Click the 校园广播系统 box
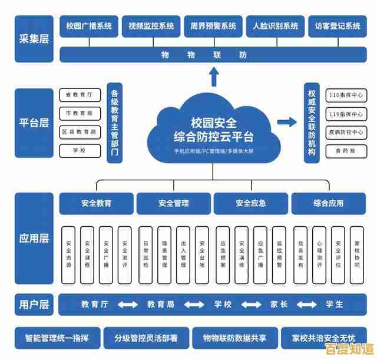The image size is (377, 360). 88,26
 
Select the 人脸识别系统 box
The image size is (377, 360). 275,26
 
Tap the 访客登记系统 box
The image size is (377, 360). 337,26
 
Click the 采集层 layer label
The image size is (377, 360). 34,39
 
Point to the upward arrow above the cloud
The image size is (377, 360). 213,76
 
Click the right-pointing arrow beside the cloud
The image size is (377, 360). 287,122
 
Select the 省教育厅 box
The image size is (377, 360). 80,94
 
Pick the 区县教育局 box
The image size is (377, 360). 80,132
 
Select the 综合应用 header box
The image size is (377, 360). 328,203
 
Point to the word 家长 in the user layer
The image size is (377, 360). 279,305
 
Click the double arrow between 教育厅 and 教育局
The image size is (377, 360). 127,305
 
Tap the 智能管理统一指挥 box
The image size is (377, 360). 57,338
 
